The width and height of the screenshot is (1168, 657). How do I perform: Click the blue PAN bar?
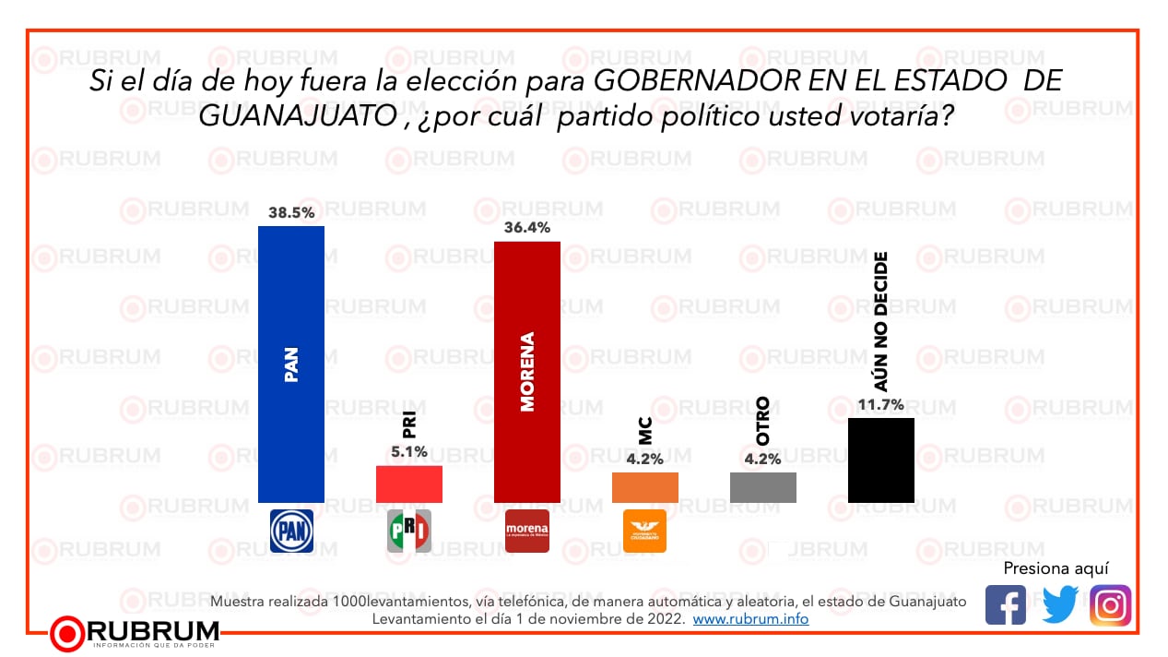(x=290, y=364)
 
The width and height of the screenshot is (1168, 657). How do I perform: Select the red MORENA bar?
(x=527, y=371)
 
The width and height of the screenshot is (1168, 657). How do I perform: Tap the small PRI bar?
(x=408, y=484)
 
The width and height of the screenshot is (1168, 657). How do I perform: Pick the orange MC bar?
(x=644, y=487)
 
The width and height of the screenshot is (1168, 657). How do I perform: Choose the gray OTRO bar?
(x=762, y=487)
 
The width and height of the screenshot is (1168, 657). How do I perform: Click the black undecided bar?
(x=880, y=460)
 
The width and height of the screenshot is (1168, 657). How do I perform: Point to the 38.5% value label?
(x=290, y=212)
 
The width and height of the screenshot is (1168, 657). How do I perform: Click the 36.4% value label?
(x=527, y=227)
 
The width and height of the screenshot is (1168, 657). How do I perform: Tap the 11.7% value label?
(x=880, y=404)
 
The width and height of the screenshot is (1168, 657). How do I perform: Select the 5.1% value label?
(x=408, y=452)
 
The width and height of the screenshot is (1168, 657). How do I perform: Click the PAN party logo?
(x=290, y=531)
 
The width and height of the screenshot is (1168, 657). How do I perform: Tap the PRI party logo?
(x=408, y=531)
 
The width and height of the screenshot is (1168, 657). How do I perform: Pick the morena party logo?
(x=527, y=531)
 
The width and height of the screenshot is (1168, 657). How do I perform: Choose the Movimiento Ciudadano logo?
(x=644, y=531)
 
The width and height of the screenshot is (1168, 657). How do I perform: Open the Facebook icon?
(x=1005, y=605)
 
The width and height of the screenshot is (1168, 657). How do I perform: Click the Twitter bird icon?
(x=1059, y=605)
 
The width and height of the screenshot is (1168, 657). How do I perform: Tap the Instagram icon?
(x=1111, y=605)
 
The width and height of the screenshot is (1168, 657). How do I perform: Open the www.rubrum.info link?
(x=750, y=619)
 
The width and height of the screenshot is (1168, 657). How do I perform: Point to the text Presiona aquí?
(x=1056, y=567)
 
